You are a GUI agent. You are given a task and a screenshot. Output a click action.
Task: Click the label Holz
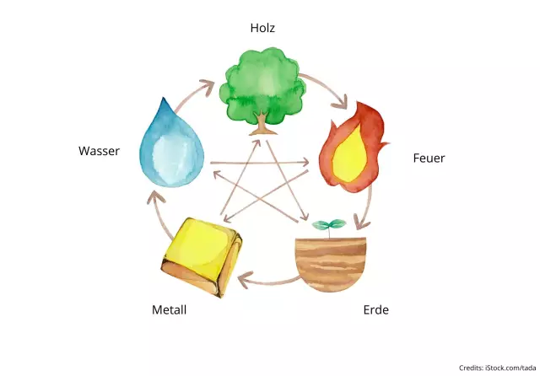point(262,29)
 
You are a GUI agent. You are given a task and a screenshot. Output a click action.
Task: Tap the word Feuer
point(428,158)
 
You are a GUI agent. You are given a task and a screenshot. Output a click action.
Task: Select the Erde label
point(375,310)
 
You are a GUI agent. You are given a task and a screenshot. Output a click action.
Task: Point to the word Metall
point(169,310)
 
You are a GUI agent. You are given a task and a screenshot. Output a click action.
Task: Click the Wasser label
point(100,151)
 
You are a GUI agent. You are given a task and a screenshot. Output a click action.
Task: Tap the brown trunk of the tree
point(263,125)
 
